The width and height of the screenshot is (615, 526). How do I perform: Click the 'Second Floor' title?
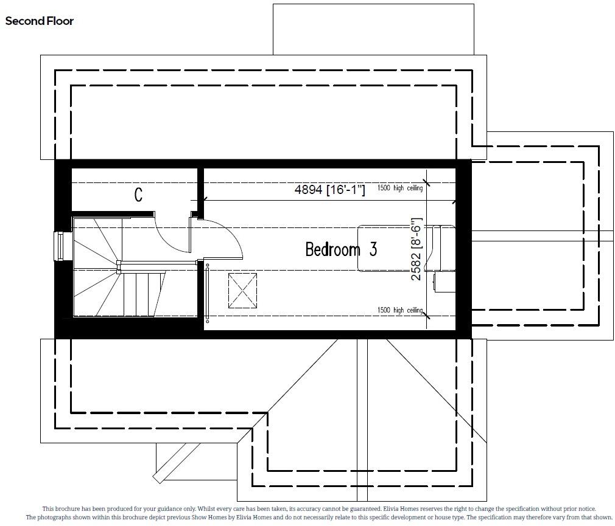(x=40, y=21)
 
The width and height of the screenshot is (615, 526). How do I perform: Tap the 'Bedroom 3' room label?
(x=340, y=249)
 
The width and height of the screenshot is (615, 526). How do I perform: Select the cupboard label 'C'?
(x=138, y=195)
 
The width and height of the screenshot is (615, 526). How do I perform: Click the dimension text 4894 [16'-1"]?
(x=329, y=190)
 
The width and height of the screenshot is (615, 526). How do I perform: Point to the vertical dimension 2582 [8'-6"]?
(x=416, y=250)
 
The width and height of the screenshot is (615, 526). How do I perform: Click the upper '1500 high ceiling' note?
(x=399, y=189)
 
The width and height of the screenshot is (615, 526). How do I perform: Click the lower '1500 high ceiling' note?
(x=399, y=310)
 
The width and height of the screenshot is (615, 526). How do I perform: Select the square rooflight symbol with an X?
(x=242, y=291)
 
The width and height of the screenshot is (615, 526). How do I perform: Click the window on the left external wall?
(x=60, y=246)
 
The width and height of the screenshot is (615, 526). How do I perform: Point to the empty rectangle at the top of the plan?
(x=373, y=29)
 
